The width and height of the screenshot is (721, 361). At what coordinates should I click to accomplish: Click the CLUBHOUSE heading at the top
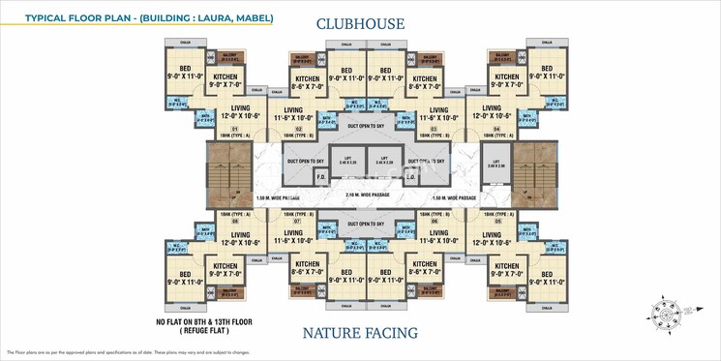click(x=359, y=23)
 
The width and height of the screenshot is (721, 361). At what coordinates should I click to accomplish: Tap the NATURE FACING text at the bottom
click(x=359, y=334)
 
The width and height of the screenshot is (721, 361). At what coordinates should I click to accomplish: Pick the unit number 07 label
click(x=298, y=222)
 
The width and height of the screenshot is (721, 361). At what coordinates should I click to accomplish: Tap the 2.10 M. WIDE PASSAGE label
click(x=359, y=196)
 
